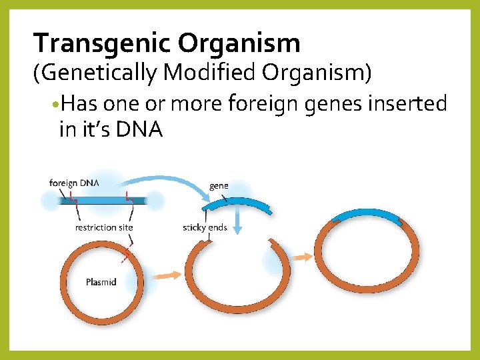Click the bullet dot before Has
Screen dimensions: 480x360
tap(53, 105)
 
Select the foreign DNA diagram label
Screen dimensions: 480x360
tap(74, 183)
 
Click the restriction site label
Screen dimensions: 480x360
tap(104, 227)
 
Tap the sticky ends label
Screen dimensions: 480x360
tap(205, 227)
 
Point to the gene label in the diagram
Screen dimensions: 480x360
tap(219, 185)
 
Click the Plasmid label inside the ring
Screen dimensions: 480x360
tap(101, 282)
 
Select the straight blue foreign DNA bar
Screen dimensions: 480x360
tap(103, 199)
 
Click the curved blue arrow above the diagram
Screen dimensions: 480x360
tap(167, 178)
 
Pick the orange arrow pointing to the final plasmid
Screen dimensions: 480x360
tap(303, 257)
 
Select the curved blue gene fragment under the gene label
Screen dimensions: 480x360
tap(239, 202)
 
